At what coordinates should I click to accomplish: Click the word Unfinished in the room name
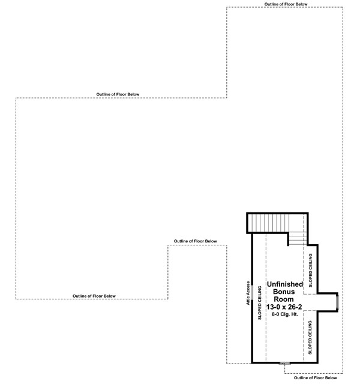(x=285, y=284)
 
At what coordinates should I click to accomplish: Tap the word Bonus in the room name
(x=284, y=292)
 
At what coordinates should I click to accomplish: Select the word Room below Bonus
(x=284, y=299)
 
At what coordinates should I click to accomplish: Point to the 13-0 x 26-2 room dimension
(x=284, y=307)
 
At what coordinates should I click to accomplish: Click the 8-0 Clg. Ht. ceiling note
(x=285, y=314)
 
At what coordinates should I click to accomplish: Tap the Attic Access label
(x=248, y=293)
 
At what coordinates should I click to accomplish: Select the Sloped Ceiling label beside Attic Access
(x=260, y=302)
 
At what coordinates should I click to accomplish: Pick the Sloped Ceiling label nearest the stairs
(x=311, y=271)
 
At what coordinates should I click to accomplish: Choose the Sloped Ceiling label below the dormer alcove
(x=310, y=337)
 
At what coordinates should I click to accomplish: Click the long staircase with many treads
(x=268, y=223)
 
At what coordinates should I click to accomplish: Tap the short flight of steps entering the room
(x=298, y=239)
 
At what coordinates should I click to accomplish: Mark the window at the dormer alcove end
(x=337, y=302)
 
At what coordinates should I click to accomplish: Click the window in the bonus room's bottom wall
(x=285, y=363)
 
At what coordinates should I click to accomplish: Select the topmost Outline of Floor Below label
(x=286, y=4)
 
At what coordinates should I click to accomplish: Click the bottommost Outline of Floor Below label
(x=316, y=378)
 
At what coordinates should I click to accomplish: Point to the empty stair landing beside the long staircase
(x=298, y=223)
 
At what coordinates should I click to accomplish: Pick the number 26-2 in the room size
(x=295, y=307)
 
